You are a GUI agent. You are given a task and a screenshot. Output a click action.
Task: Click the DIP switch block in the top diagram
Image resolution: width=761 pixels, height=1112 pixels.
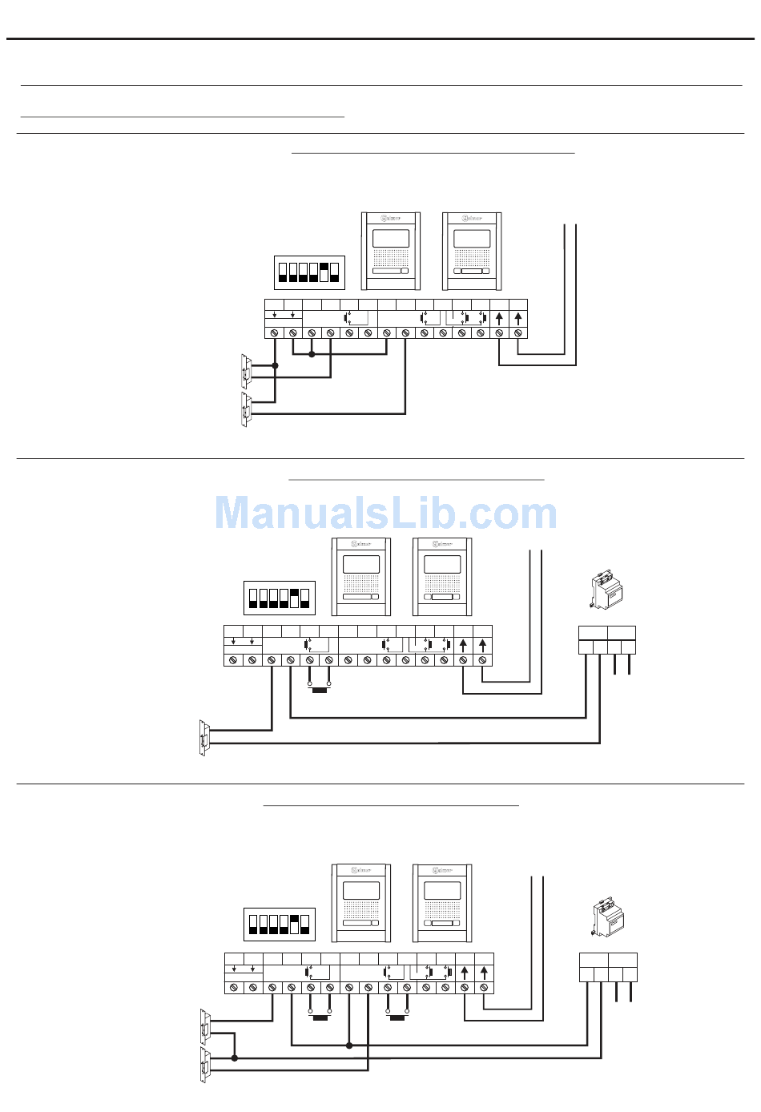[x=309, y=272]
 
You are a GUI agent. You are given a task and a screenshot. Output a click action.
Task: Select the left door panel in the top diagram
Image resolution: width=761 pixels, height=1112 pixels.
[x=391, y=251]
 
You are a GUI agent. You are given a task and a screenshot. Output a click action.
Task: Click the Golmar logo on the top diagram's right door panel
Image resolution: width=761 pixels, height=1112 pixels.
[x=472, y=217]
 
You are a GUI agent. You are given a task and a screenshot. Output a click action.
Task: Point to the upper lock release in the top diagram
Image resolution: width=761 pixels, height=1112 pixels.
[x=247, y=371]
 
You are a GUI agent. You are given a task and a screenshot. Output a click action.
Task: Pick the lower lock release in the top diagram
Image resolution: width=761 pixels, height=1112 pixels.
[x=247, y=409]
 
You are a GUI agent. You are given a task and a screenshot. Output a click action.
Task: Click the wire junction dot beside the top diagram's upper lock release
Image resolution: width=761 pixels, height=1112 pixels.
[x=275, y=365]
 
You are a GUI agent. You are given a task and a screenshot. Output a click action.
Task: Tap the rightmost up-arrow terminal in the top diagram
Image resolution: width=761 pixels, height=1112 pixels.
[x=518, y=318]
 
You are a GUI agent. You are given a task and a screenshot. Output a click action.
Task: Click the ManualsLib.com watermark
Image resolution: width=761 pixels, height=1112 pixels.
[x=385, y=514]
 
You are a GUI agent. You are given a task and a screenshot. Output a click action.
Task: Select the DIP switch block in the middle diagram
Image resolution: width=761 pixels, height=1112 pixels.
[x=280, y=598]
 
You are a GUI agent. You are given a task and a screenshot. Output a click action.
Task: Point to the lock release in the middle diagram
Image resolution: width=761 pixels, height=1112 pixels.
[x=204, y=737]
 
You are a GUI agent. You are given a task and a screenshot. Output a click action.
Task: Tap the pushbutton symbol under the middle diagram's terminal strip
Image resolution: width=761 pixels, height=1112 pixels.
[x=320, y=688]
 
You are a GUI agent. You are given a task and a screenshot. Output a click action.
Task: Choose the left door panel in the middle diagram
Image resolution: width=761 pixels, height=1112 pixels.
[x=360, y=577]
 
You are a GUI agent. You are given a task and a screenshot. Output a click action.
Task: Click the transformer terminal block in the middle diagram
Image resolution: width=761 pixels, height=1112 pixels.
[x=607, y=640]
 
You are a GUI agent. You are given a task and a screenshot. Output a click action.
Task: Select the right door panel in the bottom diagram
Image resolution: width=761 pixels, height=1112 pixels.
[x=442, y=903]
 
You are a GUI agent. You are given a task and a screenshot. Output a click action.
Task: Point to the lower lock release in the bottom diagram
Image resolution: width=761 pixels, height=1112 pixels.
[x=205, y=1065]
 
